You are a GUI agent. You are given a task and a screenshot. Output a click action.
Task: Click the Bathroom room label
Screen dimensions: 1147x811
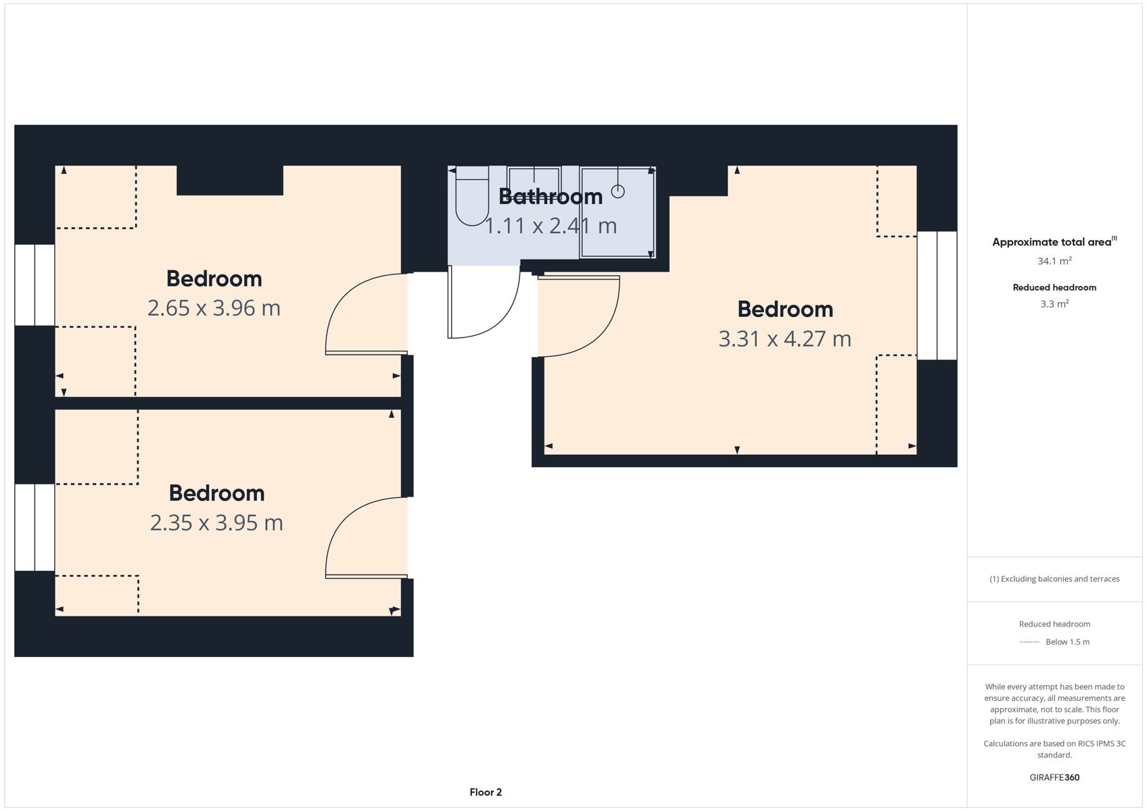(x=551, y=197)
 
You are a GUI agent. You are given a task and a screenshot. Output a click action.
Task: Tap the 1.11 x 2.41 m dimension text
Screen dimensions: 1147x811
(x=551, y=226)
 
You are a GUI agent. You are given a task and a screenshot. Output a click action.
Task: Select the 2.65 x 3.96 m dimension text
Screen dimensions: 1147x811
(x=214, y=308)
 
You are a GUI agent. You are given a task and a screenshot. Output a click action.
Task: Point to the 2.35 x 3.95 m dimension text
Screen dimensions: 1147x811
(x=216, y=523)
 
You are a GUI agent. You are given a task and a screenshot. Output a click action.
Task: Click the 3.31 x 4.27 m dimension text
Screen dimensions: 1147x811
(x=785, y=339)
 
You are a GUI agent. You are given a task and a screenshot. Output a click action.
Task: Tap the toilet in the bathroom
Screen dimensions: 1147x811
(x=471, y=196)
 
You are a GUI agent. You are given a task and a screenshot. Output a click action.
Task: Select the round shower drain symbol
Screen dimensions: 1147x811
(x=618, y=192)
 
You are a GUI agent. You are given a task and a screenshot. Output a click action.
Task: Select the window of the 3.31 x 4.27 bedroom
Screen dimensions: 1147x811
(x=937, y=296)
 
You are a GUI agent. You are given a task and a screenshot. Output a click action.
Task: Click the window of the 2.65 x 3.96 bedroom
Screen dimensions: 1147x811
(x=34, y=285)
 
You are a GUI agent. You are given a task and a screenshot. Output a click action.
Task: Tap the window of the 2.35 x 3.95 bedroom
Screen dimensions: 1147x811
(x=34, y=528)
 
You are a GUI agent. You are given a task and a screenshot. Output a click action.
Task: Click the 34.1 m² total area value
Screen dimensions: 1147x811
(x=1054, y=261)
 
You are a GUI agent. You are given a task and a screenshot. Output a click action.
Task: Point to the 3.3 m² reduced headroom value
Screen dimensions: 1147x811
(x=1054, y=304)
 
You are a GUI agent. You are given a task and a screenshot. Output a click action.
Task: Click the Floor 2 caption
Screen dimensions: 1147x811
(x=486, y=792)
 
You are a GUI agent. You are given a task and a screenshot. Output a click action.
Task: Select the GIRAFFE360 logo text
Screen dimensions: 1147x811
(x=1054, y=777)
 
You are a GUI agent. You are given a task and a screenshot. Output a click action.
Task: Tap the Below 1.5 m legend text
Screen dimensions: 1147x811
(x=1068, y=641)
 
